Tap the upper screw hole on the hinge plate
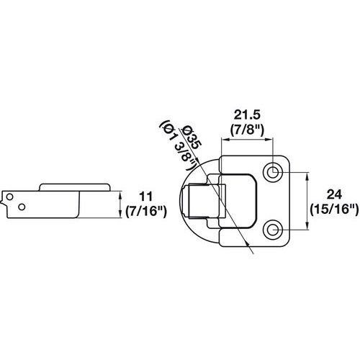274,172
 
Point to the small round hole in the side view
22,207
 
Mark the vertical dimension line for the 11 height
119,201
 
